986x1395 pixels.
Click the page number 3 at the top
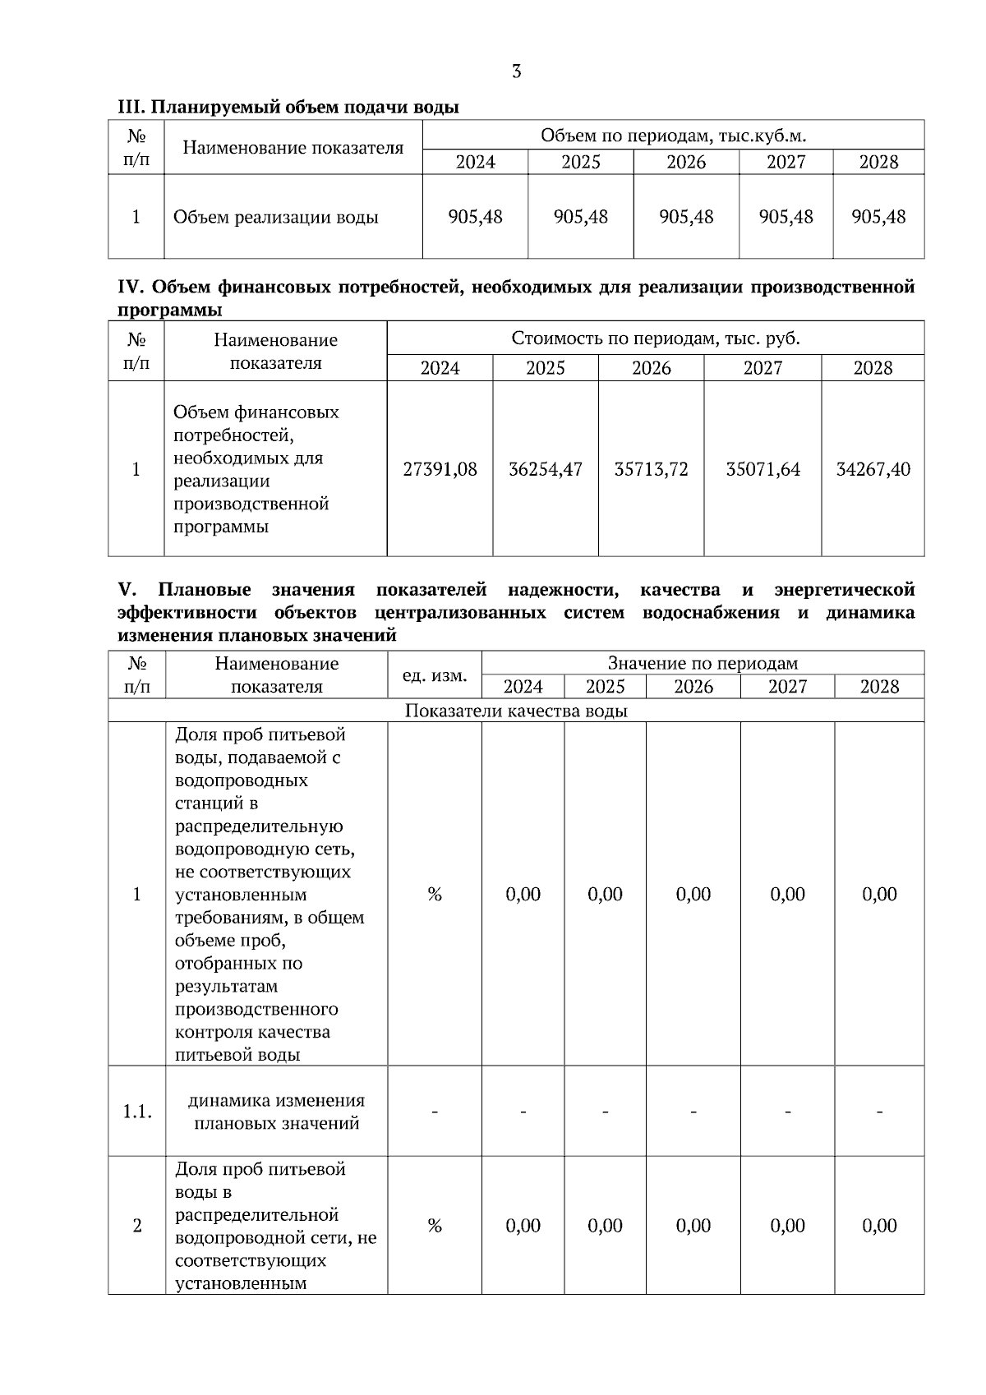[516, 71]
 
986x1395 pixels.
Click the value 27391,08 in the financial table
[440, 469]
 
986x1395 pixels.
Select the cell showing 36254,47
[546, 469]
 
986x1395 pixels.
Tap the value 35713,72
[651, 469]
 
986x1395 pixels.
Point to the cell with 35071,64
[763, 469]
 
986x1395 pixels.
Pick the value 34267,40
[873, 469]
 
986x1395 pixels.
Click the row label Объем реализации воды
[275, 218]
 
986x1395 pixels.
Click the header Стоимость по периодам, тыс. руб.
[655, 338]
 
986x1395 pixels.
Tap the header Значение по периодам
[703, 663]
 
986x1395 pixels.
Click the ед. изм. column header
[435, 675]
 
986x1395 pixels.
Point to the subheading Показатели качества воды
[516, 711]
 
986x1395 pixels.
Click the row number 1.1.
[137, 1112]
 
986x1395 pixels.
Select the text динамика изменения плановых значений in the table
[277, 1112]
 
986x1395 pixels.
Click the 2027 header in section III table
[786, 162]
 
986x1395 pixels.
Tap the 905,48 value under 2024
[475, 217]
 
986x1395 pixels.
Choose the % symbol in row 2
[435, 1226]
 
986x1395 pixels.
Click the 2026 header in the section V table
[693, 687]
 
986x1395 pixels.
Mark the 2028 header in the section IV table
[873, 368]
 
